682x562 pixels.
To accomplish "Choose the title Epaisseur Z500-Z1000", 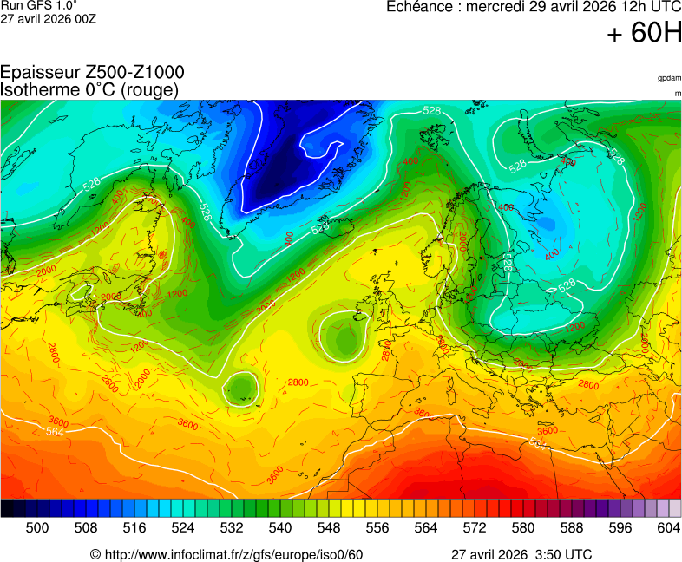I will pos(92,73).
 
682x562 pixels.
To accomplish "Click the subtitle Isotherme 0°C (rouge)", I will pos(89,89).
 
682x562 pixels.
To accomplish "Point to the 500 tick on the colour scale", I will pos(37,527).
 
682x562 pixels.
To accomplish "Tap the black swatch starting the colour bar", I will pos(7,508).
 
